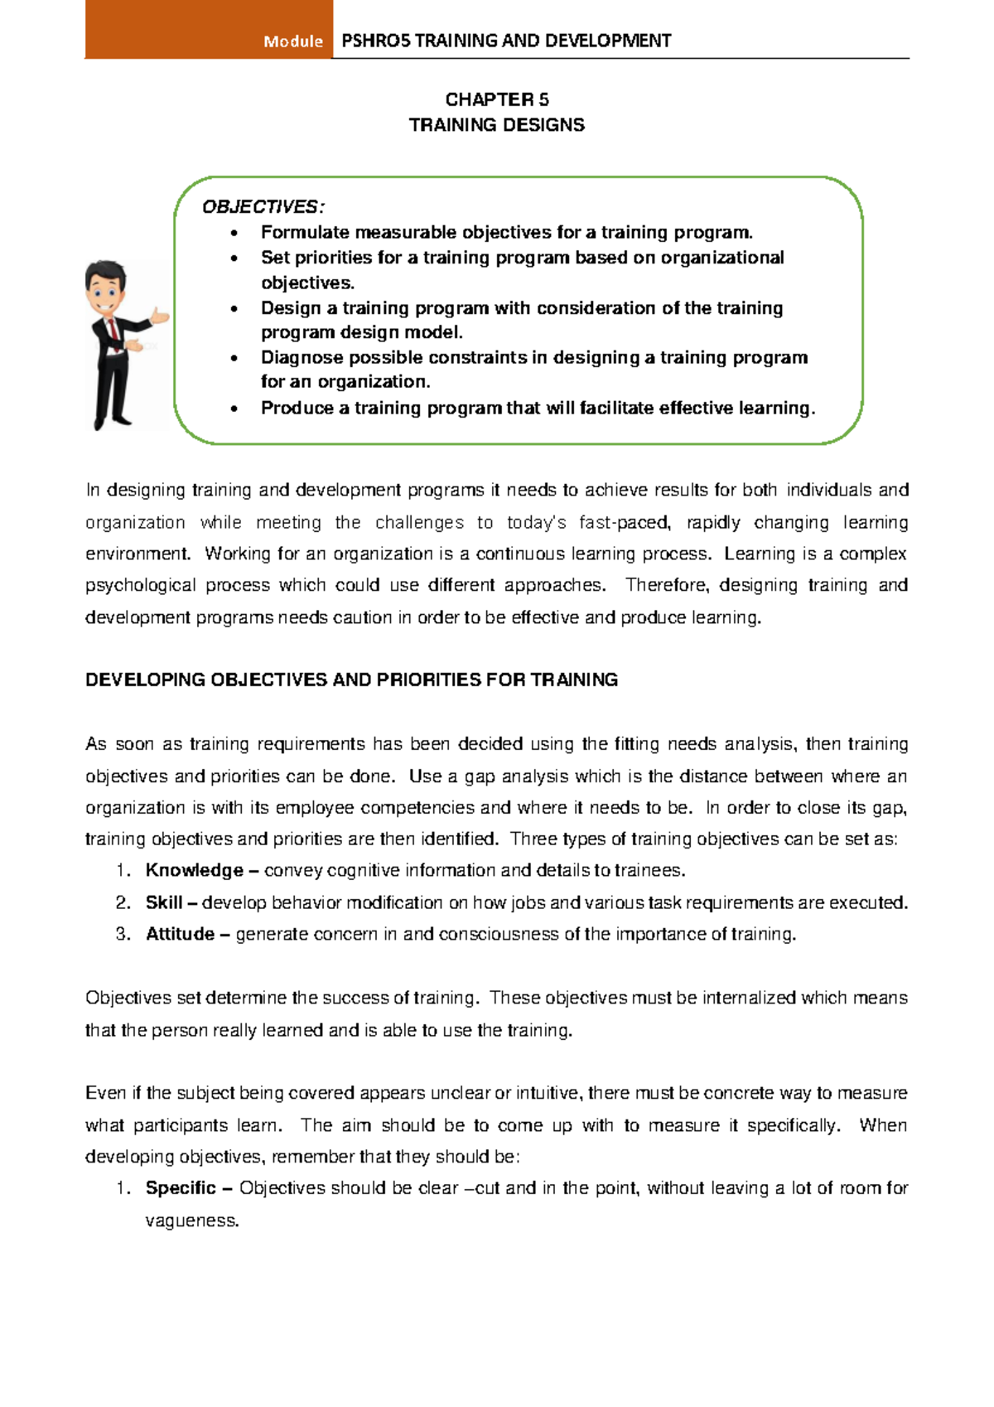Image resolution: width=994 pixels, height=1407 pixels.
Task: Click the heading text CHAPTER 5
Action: (x=496, y=99)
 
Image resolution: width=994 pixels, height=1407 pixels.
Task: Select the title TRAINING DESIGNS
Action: (x=496, y=125)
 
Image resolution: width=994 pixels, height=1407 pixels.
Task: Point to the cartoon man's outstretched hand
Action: (x=159, y=315)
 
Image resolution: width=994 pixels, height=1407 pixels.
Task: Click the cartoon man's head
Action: (x=106, y=287)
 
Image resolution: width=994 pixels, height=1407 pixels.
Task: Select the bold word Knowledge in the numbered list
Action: (x=194, y=870)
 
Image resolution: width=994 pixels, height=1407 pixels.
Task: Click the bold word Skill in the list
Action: (x=164, y=902)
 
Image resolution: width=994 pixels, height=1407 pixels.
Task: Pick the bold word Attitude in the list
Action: (x=180, y=934)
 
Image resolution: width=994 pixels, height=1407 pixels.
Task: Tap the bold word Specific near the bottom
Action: (x=181, y=1187)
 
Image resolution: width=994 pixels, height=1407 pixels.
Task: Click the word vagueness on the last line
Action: (x=191, y=1221)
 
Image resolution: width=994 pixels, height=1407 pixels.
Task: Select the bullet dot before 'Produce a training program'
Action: (x=235, y=409)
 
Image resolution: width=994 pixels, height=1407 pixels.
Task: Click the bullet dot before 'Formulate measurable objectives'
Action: (x=235, y=233)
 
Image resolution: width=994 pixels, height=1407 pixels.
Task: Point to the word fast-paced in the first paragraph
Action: (x=624, y=522)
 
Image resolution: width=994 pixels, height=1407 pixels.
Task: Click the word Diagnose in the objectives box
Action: (x=302, y=357)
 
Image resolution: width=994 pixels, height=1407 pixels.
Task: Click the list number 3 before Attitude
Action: (x=123, y=934)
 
